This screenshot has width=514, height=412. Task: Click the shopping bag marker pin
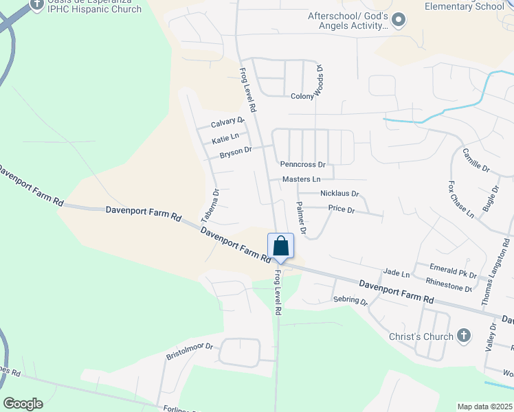[280, 247]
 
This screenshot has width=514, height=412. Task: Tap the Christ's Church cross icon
[464, 336]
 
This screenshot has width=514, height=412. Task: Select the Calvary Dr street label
[227, 122]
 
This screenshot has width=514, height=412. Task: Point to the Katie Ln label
[226, 139]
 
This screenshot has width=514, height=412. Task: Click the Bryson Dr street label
[236, 152]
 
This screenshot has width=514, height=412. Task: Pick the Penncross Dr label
[302, 165]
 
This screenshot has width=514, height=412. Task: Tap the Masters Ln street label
[301, 179]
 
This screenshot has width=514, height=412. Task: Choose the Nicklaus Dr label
[339, 194]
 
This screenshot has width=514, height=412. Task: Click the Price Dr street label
[341, 209]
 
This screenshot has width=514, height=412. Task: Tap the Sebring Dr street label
[350, 301]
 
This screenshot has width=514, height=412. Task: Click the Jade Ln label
[396, 274]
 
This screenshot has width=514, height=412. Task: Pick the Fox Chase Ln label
[461, 200]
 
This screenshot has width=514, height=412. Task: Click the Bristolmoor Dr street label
[190, 352]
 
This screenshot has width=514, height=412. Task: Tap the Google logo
[23, 403]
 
